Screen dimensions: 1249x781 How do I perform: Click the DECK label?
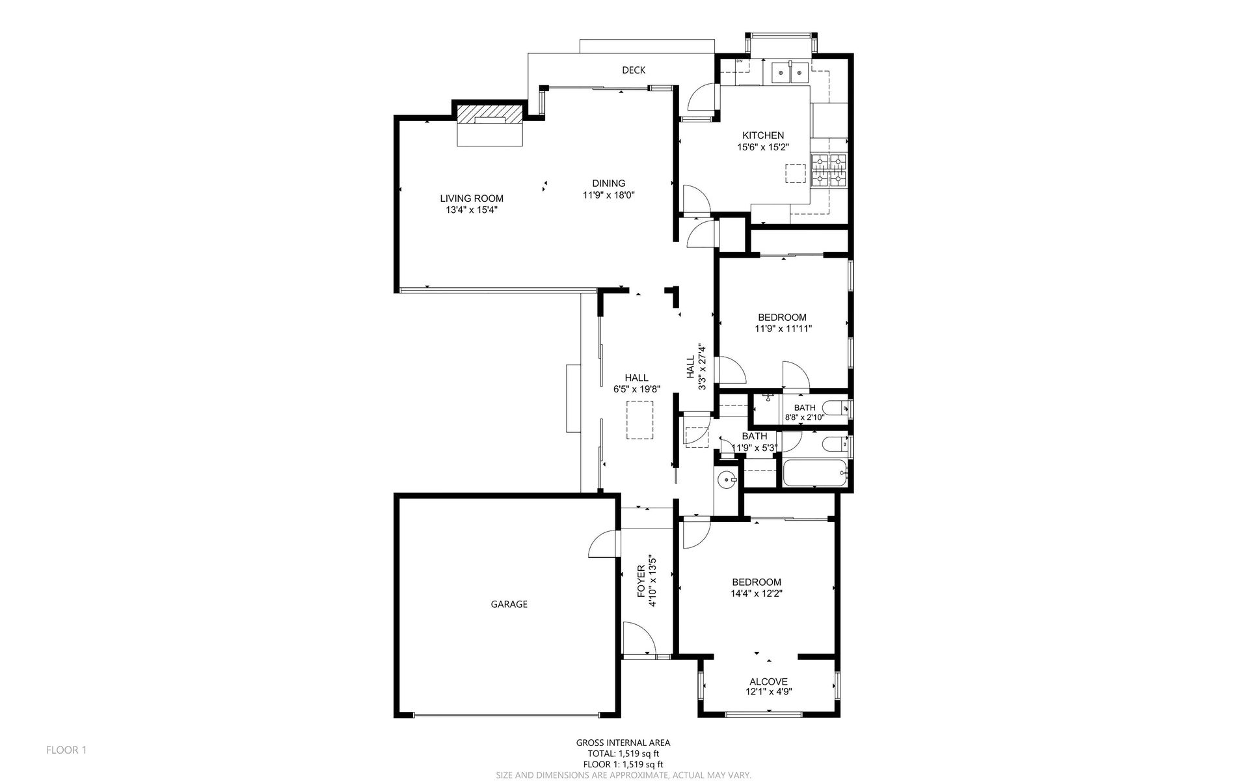[x=634, y=70]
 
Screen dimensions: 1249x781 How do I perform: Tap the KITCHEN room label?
[x=763, y=135]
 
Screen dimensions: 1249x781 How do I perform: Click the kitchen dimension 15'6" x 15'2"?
[x=762, y=147]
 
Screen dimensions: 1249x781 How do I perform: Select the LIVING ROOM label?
[x=472, y=199]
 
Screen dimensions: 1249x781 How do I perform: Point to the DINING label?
[x=609, y=183]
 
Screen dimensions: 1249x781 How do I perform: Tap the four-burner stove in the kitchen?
[x=829, y=171]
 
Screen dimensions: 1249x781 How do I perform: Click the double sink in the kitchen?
[x=790, y=73]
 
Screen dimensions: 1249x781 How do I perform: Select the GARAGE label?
[x=509, y=604]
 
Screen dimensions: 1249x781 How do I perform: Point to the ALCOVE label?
[x=768, y=681]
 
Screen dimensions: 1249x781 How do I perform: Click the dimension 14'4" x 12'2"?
[x=756, y=594]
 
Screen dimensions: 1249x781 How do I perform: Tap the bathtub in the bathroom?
[x=816, y=474]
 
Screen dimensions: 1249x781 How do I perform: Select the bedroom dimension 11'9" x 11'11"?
[x=783, y=329]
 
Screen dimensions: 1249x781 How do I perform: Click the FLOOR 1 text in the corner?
[x=66, y=750]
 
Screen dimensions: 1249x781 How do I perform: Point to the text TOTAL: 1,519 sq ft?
[x=623, y=754]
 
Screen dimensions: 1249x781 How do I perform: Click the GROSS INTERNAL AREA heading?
[x=623, y=743]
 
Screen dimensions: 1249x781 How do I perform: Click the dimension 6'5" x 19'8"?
[x=637, y=389]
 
